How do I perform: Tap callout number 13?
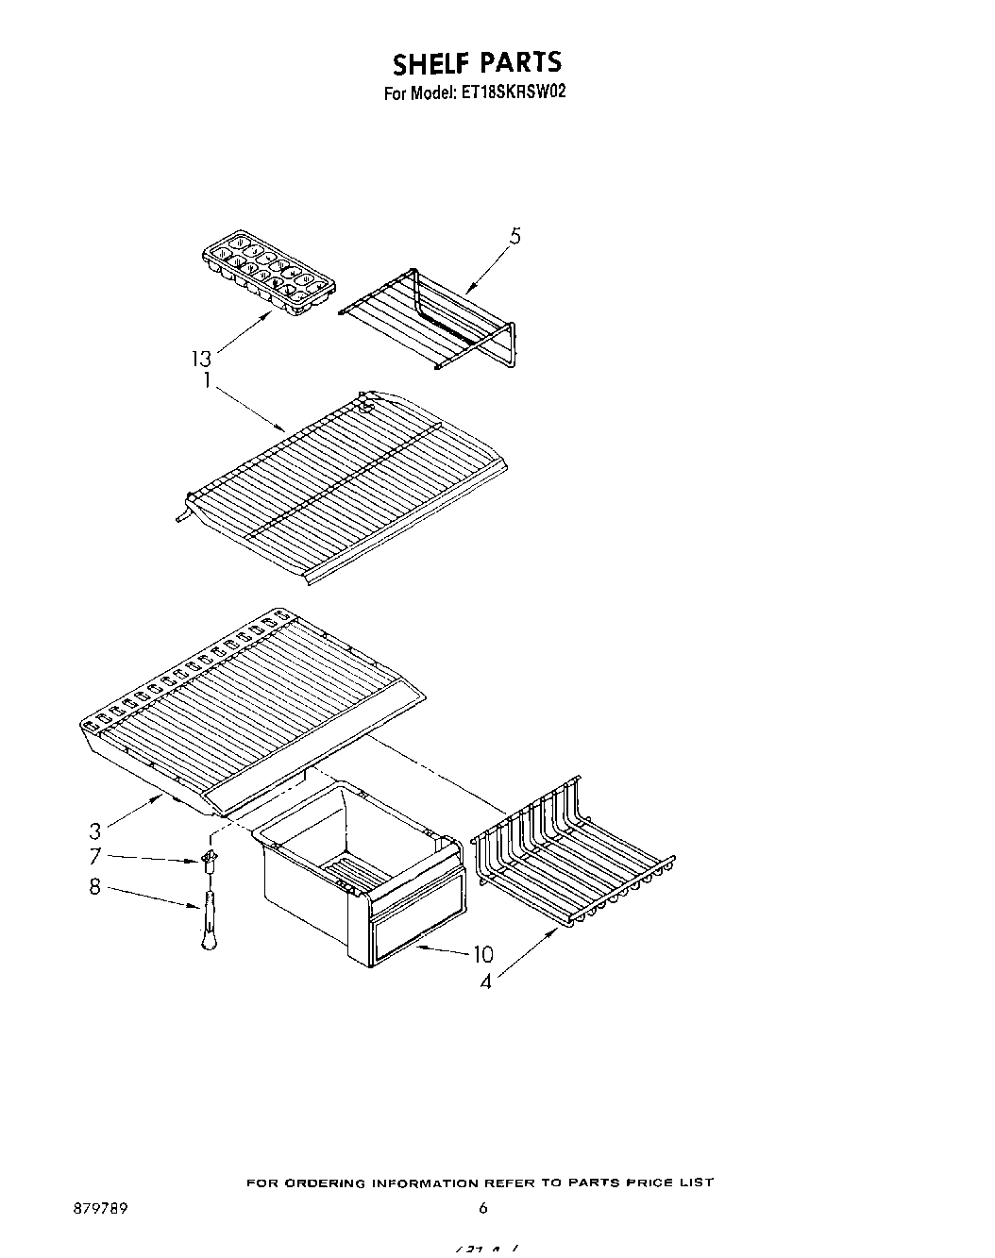pyautogui.click(x=201, y=359)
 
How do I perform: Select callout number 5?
pyautogui.click(x=514, y=237)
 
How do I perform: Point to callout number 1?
pyautogui.click(x=207, y=382)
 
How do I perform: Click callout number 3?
pyautogui.click(x=95, y=831)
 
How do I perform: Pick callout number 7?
pyautogui.click(x=95, y=857)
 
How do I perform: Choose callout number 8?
pyautogui.click(x=95, y=887)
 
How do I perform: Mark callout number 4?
pyautogui.click(x=485, y=982)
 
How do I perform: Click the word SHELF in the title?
pyautogui.click(x=430, y=63)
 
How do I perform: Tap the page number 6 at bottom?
pyautogui.click(x=483, y=1207)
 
